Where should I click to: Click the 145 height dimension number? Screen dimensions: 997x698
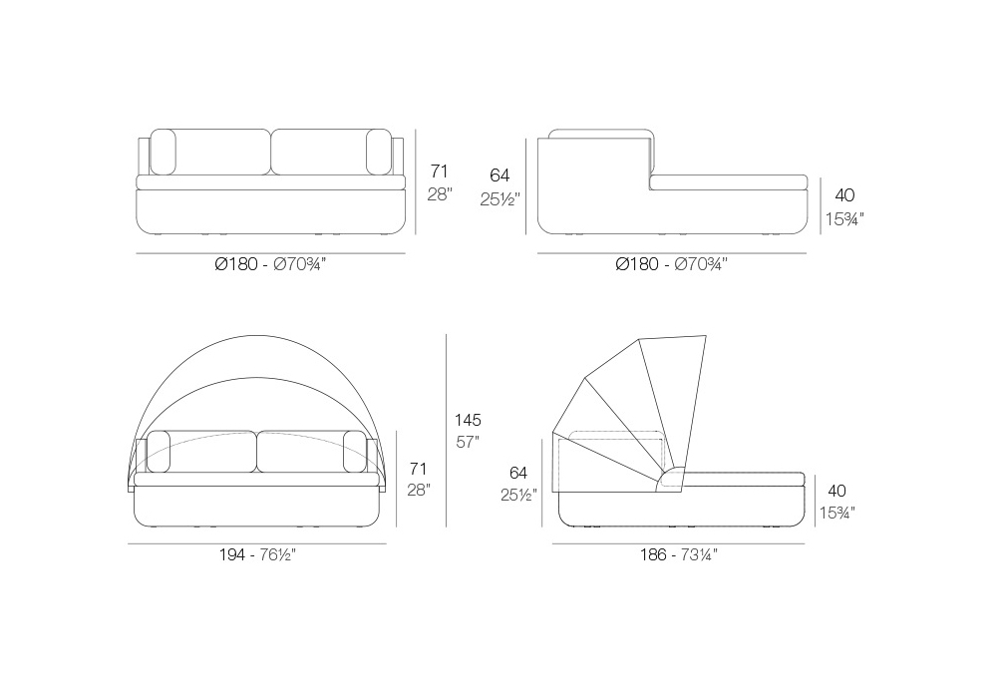tap(468, 420)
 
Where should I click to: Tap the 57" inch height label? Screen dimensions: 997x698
tap(468, 442)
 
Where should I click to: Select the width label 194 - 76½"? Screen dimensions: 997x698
tap(257, 555)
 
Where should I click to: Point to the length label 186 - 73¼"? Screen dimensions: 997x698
tap(678, 555)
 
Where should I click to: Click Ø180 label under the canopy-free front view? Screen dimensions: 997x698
tap(236, 264)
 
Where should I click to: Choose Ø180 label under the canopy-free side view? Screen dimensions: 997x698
tap(637, 264)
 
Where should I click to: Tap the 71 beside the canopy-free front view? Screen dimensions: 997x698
tap(439, 171)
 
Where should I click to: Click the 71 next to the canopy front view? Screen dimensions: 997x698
tap(418, 469)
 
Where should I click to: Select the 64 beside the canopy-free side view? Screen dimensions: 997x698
tap(499, 174)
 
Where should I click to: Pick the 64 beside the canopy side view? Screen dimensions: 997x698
tap(518, 473)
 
